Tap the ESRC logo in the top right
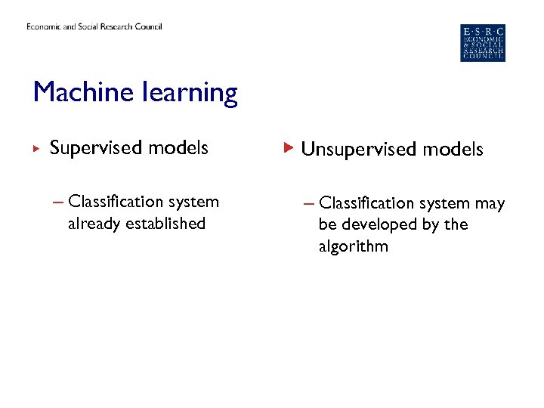pos(483,43)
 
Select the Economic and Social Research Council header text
pos(94,26)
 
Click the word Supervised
pos(97,148)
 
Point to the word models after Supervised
pos(179,148)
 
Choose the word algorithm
pos(353,247)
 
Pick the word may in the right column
pos(490,204)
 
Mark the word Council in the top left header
pos(147,26)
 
